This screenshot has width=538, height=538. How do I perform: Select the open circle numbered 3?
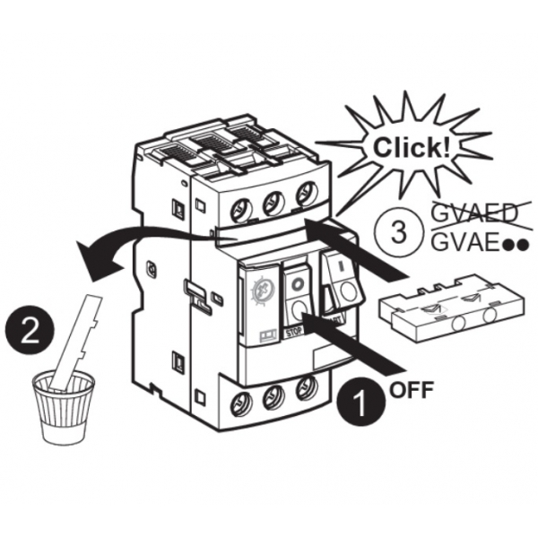tap(401, 230)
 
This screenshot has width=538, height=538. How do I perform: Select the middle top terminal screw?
tap(274, 203)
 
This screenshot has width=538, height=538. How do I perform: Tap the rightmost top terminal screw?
tap(307, 193)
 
